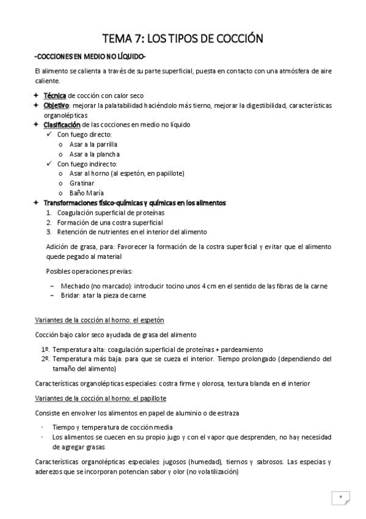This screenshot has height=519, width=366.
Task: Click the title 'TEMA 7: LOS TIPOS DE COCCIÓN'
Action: pos(182,39)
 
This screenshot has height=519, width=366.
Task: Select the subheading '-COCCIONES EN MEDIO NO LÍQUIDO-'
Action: pos(90,57)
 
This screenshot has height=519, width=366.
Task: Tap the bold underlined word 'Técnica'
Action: pos(55,96)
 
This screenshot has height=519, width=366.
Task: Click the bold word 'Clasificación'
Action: pos(62,125)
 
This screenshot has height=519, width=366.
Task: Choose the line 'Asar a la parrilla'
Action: pos(93,144)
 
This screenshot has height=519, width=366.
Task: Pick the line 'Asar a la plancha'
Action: pos(95,154)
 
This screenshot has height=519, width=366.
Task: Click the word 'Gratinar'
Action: pos(82,183)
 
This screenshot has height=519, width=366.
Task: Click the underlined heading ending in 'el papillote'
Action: pos(99,398)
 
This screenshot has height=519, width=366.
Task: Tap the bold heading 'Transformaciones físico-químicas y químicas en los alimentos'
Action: pos(134,203)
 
